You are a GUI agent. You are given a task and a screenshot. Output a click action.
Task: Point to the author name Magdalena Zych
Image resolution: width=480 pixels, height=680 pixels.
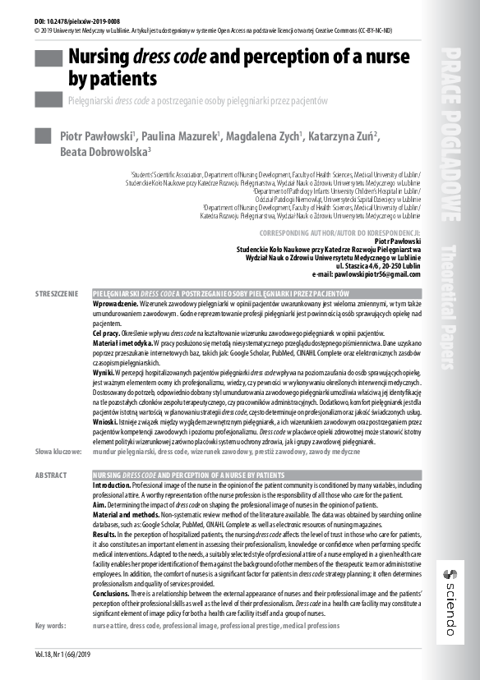266,136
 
